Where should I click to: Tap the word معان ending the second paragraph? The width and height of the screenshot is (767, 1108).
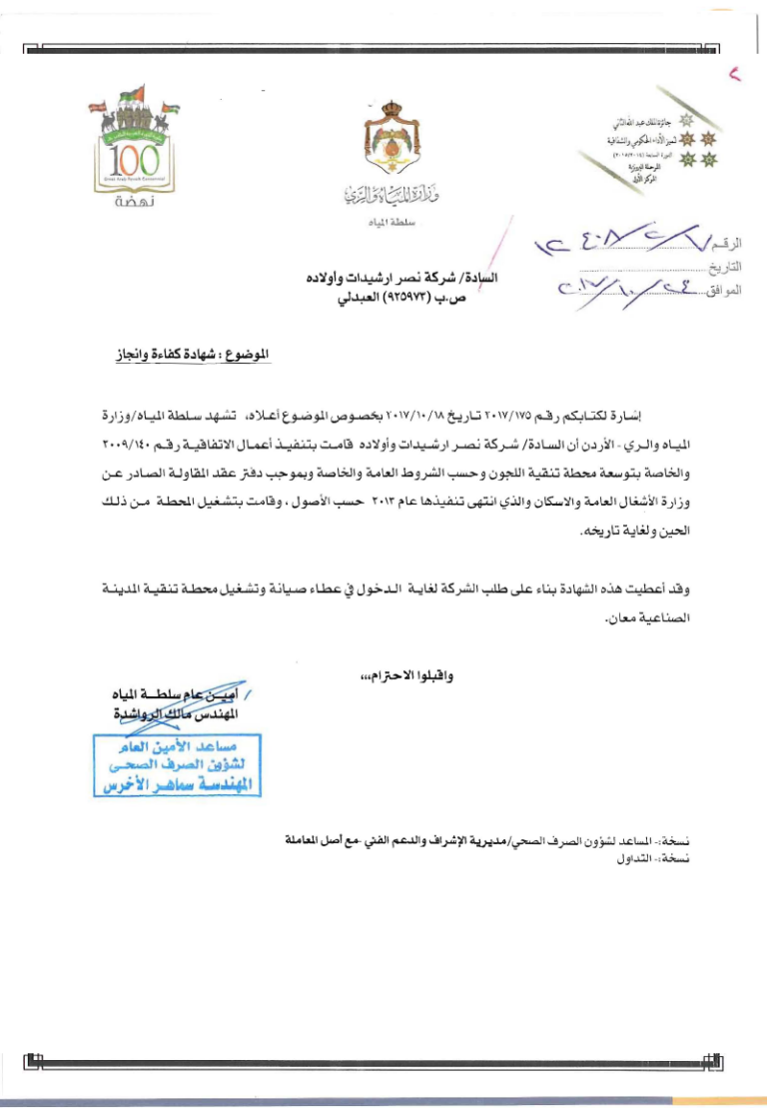click(619, 619)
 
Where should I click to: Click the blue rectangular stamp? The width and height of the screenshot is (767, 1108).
click(179, 764)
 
